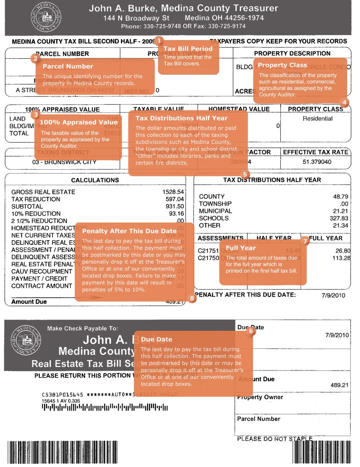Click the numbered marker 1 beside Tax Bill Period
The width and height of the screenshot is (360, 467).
pos(160,40)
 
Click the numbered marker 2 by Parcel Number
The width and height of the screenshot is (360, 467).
pos(35,58)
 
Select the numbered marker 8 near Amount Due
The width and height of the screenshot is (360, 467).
pos(191,298)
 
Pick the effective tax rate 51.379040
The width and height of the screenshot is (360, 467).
pos(317,162)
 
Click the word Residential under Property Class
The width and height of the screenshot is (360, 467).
pos(318,119)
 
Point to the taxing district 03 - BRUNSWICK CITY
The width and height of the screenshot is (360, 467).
pos(64,162)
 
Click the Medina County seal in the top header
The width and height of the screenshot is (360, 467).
pos(44,18)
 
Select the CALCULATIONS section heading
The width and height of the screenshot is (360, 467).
pos(95,180)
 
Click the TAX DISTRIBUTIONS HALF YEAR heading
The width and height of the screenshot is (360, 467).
pos(272,180)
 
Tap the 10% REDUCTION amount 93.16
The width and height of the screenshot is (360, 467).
pos(175,214)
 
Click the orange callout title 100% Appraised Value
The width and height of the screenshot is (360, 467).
pos(79,122)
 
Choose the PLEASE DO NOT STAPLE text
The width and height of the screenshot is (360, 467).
pos(274,439)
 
